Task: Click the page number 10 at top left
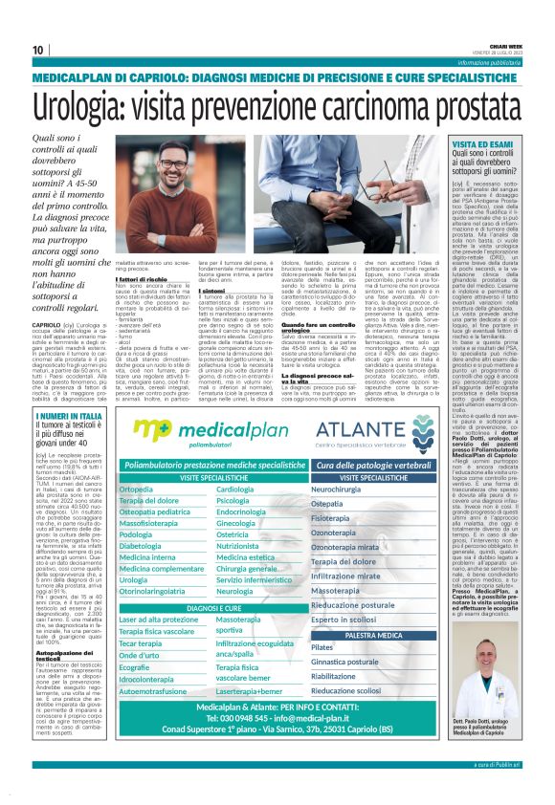pyautogui.click(x=38, y=50)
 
